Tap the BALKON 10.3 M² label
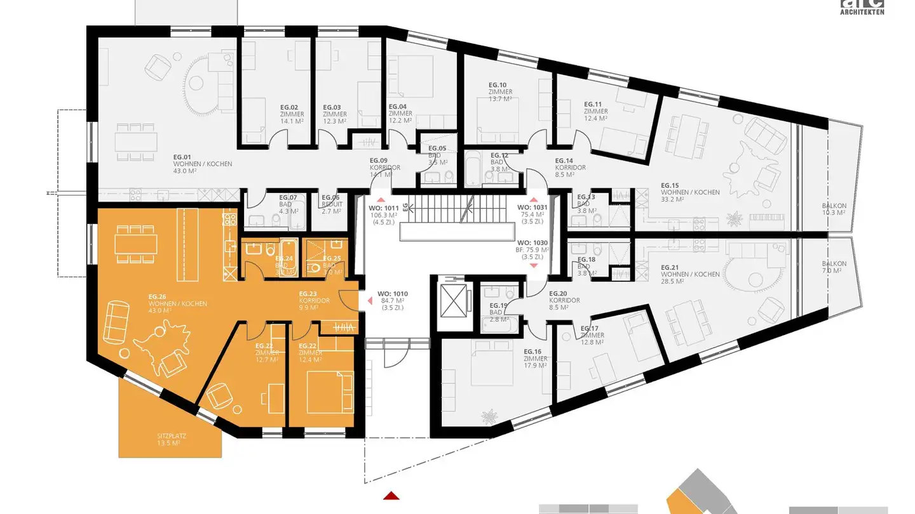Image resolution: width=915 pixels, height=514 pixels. pos(834,209)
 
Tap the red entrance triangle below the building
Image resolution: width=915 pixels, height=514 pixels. pos(391,496)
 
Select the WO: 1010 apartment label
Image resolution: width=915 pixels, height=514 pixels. pos(392,300)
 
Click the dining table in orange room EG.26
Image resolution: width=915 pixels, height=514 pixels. pos(137,244)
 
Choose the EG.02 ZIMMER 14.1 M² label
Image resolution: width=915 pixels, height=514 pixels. pos(292,114)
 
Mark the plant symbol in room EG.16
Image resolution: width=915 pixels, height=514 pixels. pos(489,418)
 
